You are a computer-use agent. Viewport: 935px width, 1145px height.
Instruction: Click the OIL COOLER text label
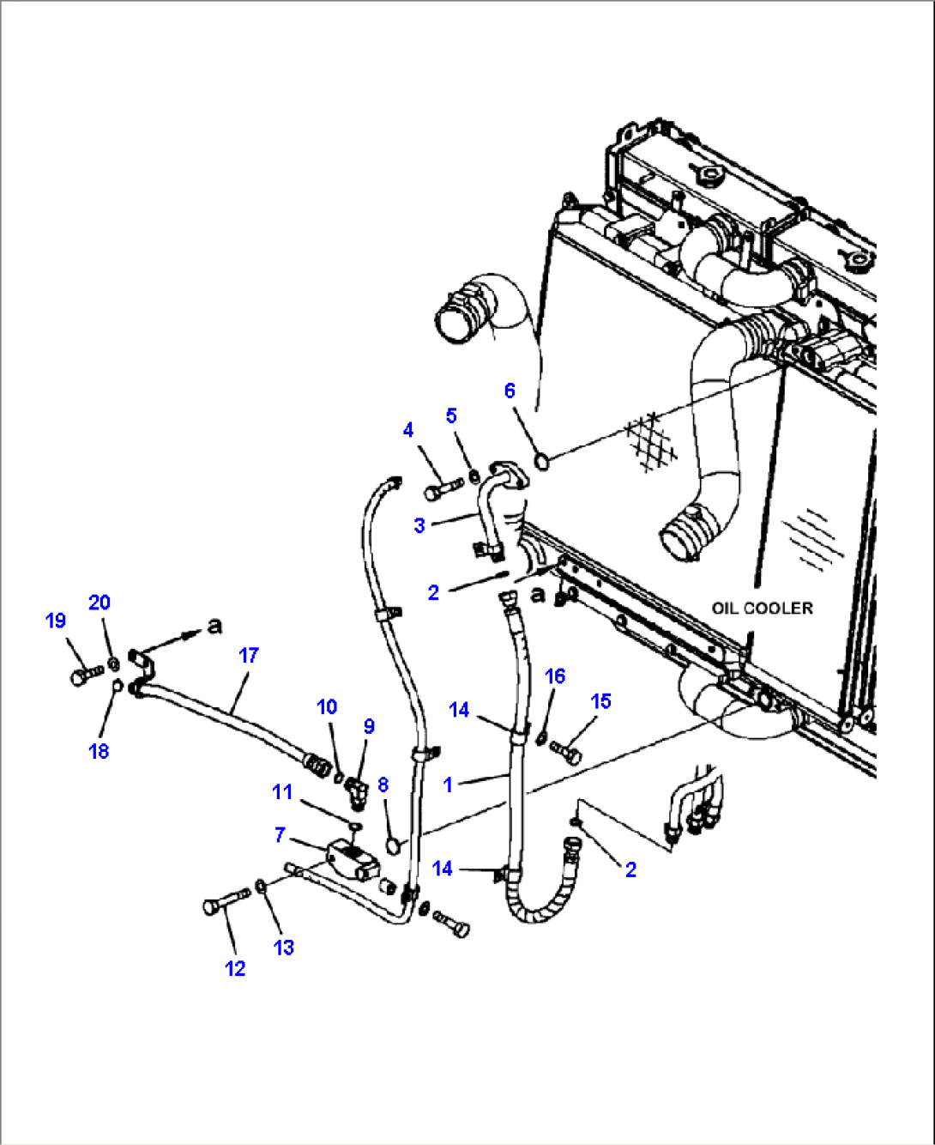pos(762,608)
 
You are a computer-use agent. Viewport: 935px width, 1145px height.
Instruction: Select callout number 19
pos(56,621)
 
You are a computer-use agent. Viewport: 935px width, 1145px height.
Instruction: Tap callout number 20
pos(100,603)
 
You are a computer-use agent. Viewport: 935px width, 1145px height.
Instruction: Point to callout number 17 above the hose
pos(248,656)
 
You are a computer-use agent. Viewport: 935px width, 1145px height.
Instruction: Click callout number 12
pos(235,968)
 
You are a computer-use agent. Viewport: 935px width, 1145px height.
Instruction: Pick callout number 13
pos(283,948)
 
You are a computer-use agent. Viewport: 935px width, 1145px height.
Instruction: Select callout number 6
pos(510,391)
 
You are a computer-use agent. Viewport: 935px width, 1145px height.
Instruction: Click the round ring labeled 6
pos(542,462)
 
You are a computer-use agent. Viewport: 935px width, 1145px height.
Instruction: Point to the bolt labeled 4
pos(443,492)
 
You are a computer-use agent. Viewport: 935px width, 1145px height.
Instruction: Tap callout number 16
pos(555,676)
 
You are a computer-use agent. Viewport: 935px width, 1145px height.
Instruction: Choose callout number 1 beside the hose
pos(447,785)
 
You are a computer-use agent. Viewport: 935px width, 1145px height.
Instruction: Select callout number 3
pos(419,525)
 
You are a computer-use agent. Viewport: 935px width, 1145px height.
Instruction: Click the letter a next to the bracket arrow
pos(214,626)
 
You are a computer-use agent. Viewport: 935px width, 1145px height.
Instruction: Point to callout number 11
pos(282,791)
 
